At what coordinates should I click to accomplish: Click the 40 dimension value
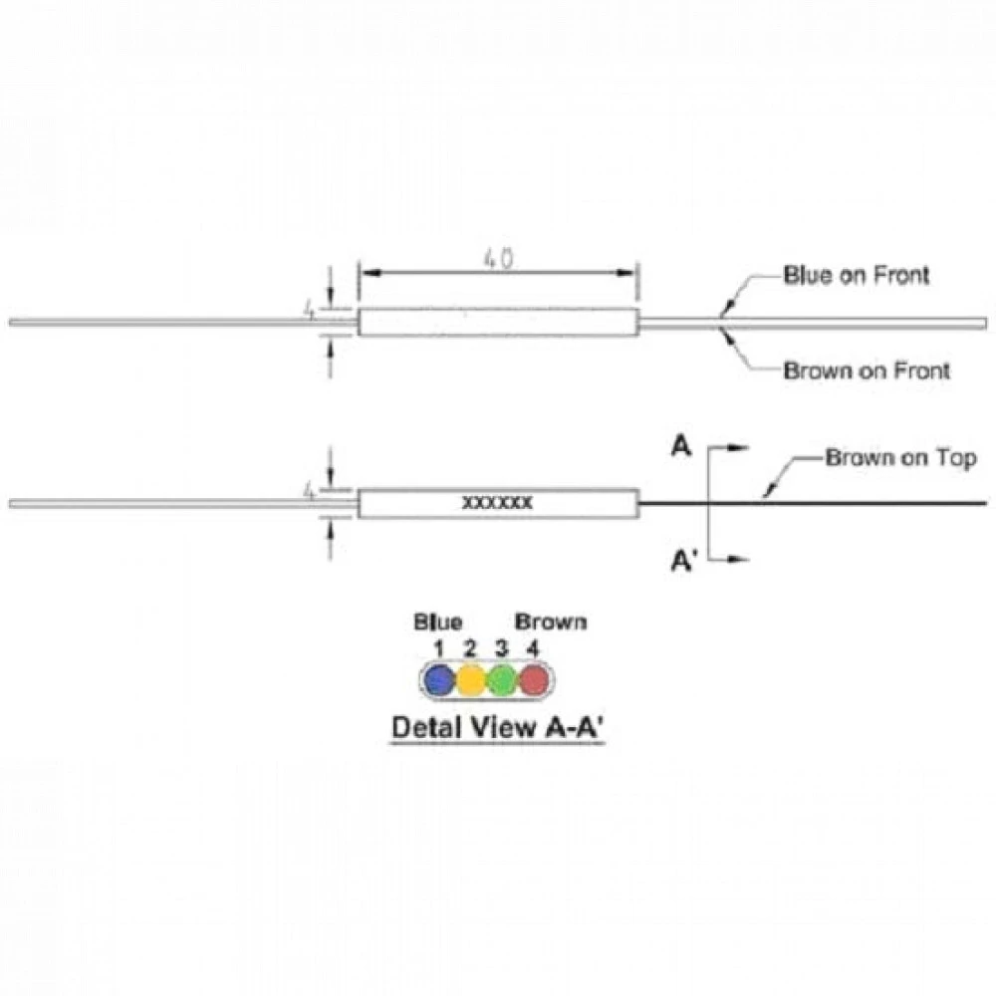pos(498,259)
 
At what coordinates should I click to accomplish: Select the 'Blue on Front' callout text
pos(857,275)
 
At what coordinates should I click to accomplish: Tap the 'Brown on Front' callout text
pos(867,371)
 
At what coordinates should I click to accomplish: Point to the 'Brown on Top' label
pos(900,457)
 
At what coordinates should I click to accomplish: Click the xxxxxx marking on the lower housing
pos(497,502)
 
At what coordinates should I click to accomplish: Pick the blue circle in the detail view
pos(439,680)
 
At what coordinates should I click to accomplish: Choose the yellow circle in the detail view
pos(471,680)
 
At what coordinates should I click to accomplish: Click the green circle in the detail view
pos(502,680)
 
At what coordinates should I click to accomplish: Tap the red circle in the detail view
pos(534,680)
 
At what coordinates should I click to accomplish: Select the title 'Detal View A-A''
pos(497,727)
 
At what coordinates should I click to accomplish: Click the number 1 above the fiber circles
pos(438,648)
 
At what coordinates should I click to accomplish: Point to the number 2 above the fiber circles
pos(469,648)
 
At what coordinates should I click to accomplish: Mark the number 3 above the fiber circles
pos(502,648)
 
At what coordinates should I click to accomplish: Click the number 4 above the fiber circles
pos(532,648)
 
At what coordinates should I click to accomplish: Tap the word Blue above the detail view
pos(437,622)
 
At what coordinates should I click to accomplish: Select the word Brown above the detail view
pos(551,622)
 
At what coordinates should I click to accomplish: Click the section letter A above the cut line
pos(681,446)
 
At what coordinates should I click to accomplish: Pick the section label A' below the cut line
pos(684,561)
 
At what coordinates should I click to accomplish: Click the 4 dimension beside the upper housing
pos(310,310)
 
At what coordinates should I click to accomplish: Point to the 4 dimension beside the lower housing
pos(310,491)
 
